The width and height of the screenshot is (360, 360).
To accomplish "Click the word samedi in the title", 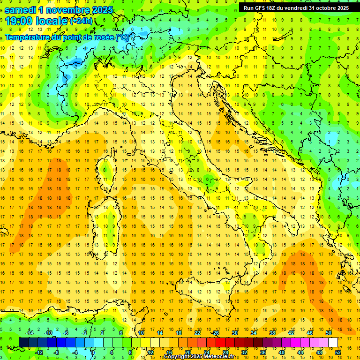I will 20,9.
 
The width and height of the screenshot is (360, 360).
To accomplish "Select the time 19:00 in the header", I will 18,21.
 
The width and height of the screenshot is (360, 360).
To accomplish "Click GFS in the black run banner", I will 261,8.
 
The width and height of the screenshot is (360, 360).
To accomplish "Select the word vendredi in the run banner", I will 295,8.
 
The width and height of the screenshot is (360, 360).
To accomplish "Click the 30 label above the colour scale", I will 235,333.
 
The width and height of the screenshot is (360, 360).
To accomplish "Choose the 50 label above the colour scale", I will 329,333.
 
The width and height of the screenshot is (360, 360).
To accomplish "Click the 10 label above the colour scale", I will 141,333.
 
